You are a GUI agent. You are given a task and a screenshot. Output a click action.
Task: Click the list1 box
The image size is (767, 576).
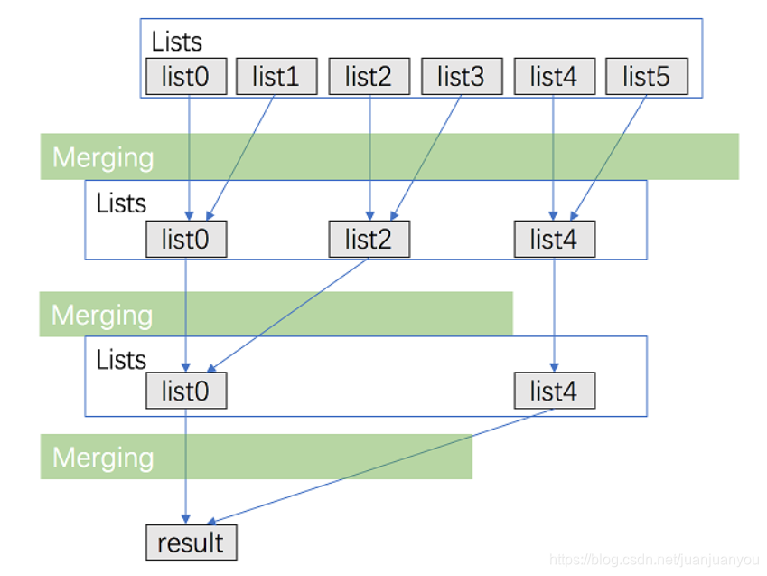pyautogui.click(x=276, y=78)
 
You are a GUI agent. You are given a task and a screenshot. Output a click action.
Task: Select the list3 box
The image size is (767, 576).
pyautogui.click(x=461, y=78)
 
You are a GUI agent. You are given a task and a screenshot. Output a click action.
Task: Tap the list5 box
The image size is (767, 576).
pyautogui.click(x=646, y=78)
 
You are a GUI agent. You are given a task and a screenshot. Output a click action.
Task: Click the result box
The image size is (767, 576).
pyautogui.click(x=191, y=543)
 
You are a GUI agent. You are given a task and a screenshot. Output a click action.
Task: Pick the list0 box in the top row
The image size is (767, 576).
pyautogui.click(x=185, y=78)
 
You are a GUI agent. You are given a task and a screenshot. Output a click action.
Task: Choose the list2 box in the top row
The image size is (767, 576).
pyautogui.click(x=369, y=78)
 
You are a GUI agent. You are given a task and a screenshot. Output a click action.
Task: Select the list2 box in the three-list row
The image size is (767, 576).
pyautogui.click(x=369, y=240)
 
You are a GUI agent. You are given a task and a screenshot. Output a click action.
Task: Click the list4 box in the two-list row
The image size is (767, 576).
pyautogui.click(x=555, y=392)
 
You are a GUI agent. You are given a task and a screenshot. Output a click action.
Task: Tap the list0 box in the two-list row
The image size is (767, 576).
pyautogui.click(x=185, y=392)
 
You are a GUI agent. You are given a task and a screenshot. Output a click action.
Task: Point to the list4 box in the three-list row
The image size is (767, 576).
pyautogui.click(x=555, y=240)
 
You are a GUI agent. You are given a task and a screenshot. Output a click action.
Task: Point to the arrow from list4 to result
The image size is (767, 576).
pyautogui.click(x=379, y=466)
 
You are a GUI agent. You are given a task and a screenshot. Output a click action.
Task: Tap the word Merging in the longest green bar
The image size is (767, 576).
pyautogui.click(x=103, y=157)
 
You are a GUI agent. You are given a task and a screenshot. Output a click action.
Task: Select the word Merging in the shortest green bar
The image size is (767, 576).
pyautogui.click(x=103, y=457)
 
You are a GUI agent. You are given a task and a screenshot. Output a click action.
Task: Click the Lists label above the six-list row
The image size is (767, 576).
pyautogui.click(x=176, y=42)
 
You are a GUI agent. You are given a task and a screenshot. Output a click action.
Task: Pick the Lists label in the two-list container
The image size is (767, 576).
pyautogui.click(x=121, y=360)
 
